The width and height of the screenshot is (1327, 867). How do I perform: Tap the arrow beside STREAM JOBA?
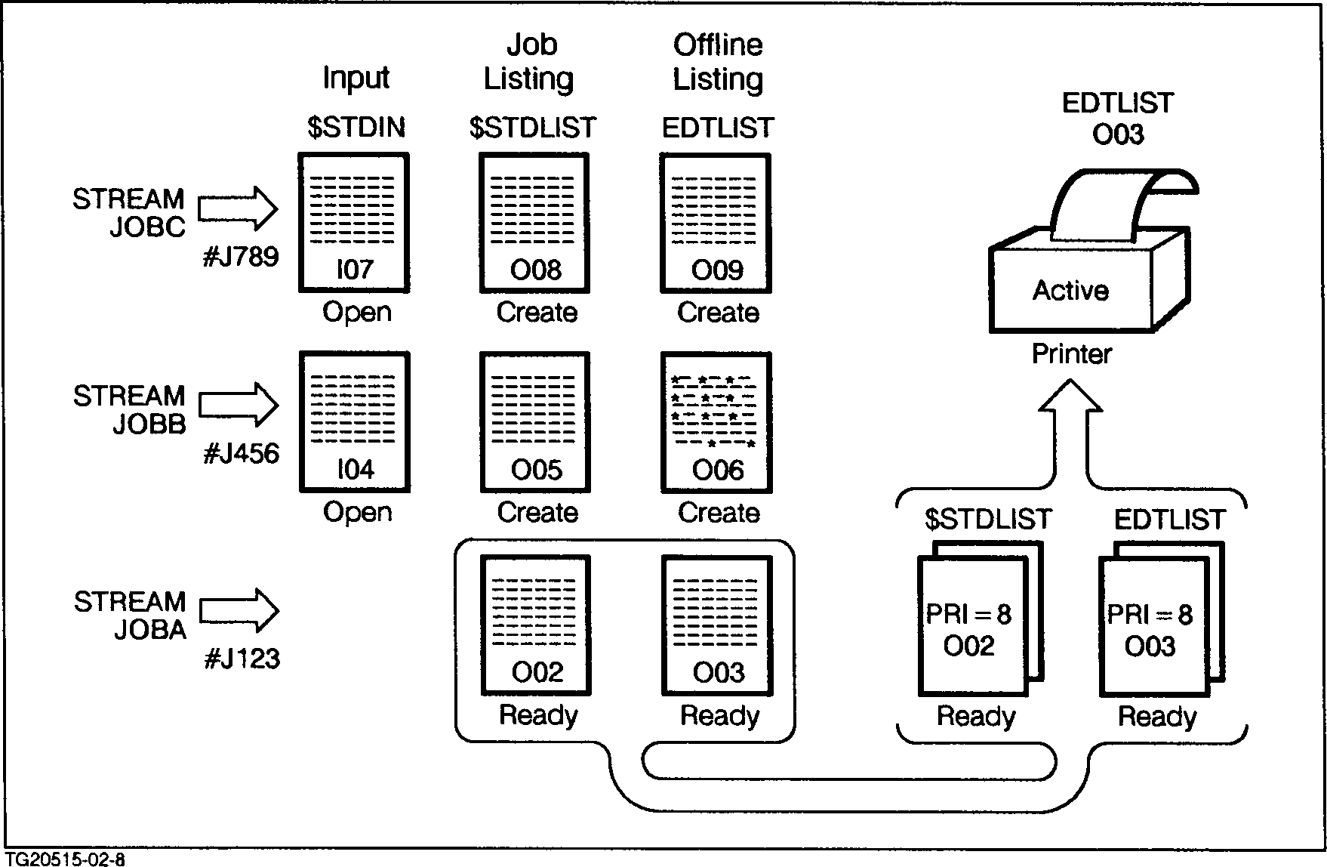click(239, 610)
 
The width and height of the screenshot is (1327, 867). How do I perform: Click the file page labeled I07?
click(354, 223)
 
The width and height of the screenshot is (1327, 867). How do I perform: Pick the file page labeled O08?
click(535, 223)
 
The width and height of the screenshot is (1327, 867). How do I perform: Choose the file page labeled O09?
click(716, 223)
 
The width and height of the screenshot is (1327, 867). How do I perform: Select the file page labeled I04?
click(355, 421)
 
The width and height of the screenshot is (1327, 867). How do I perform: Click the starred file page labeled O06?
click(716, 421)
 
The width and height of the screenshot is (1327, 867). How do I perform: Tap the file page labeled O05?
click(535, 421)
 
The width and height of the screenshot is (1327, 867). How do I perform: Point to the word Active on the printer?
click(1070, 291)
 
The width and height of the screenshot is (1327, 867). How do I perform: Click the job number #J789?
click(241, 257)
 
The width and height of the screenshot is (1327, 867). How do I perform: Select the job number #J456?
click(241, 454)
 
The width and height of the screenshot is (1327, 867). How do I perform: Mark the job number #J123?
click(242, 659)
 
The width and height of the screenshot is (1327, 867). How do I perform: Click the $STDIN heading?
click(356, 128)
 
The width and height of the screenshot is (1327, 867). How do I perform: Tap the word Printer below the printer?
click(1072, 353)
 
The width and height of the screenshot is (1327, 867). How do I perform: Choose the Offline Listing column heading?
click(718, 62)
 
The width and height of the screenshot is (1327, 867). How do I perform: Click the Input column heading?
click(356, 78)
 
